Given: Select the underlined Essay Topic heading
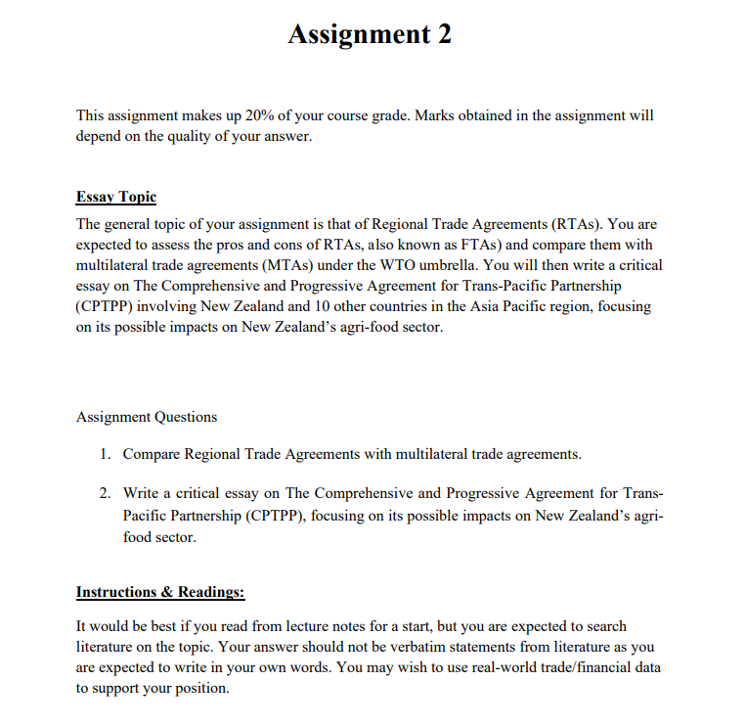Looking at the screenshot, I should coord(115,197).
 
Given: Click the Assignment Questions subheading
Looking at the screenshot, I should coord(147,417).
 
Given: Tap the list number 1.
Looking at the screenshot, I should coord(105,454).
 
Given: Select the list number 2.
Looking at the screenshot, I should coord(105,492).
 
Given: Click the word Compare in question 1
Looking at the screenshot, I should coord(153,454).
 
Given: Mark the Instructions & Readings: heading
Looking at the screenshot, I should coord(160,592).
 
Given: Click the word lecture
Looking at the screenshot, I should coord(301,625).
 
